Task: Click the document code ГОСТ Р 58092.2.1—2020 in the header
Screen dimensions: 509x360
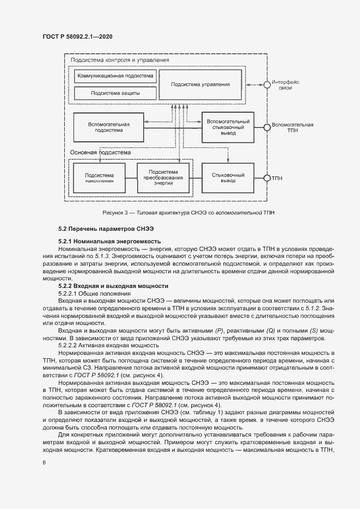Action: coord(77,36)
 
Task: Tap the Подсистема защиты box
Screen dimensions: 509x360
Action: coord(115,93)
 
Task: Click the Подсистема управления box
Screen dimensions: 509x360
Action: coord(200,84)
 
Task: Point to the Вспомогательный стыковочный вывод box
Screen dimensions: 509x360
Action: coord(229,127)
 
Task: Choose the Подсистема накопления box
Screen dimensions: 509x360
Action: coord(99,177)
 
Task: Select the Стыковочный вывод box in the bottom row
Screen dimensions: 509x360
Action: coord(228,177)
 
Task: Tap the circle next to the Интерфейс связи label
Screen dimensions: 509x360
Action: coord(267,84)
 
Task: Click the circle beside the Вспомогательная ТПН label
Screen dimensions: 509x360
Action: coord(267,127)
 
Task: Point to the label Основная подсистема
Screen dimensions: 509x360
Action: coord(101,153)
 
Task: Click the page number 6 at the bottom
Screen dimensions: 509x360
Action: coord(44,462)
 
